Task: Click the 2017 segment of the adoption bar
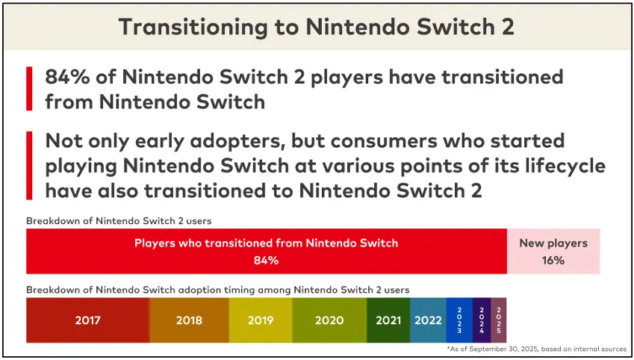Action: (87, 320)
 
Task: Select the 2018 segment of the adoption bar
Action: (189, 320)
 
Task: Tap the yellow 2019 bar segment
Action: (261, 320)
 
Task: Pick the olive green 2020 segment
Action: (329, 320)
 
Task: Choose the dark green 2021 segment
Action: (388, 320)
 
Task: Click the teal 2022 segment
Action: (428, 320)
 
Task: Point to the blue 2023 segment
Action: (459, 320)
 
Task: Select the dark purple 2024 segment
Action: (482, 320)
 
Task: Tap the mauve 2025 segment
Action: (498, 320)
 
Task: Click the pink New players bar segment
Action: (553, 252)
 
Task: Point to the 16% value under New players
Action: (553, 261)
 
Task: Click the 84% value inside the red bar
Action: (266, 261)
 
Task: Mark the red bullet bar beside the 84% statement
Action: (29, 89)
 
